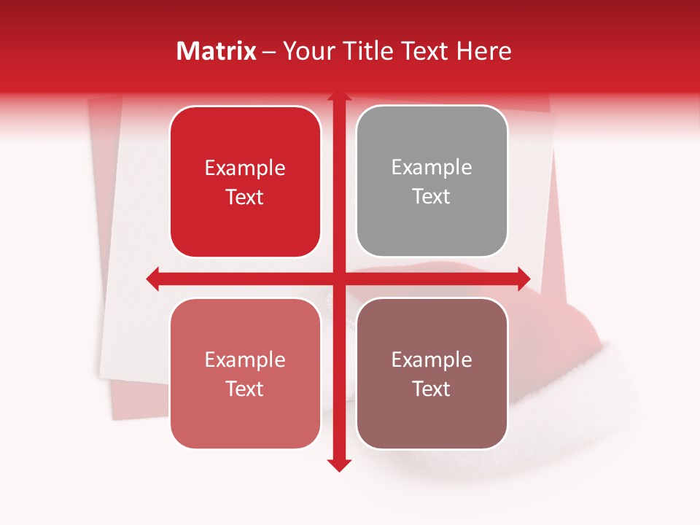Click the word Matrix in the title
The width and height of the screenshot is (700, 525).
(216, 51)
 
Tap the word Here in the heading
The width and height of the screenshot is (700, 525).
(483, 51)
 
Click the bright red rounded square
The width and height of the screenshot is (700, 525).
(245, 182)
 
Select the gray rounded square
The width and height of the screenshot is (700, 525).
(432, 182)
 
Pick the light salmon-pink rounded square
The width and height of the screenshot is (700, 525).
(245, 373)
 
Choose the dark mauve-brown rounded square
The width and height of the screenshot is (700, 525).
(432, 373)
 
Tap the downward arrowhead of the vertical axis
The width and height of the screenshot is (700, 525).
(339, 464)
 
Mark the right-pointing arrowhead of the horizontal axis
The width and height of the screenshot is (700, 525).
(524, 279)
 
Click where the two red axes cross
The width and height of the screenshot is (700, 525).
(339, 279)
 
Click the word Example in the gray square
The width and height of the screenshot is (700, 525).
(432, 167)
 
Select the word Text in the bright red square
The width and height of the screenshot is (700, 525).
(245, 197)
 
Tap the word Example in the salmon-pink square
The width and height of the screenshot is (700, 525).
(245, 359)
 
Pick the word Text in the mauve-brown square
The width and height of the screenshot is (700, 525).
(432, 389)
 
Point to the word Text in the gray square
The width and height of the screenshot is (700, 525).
(432, 196)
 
